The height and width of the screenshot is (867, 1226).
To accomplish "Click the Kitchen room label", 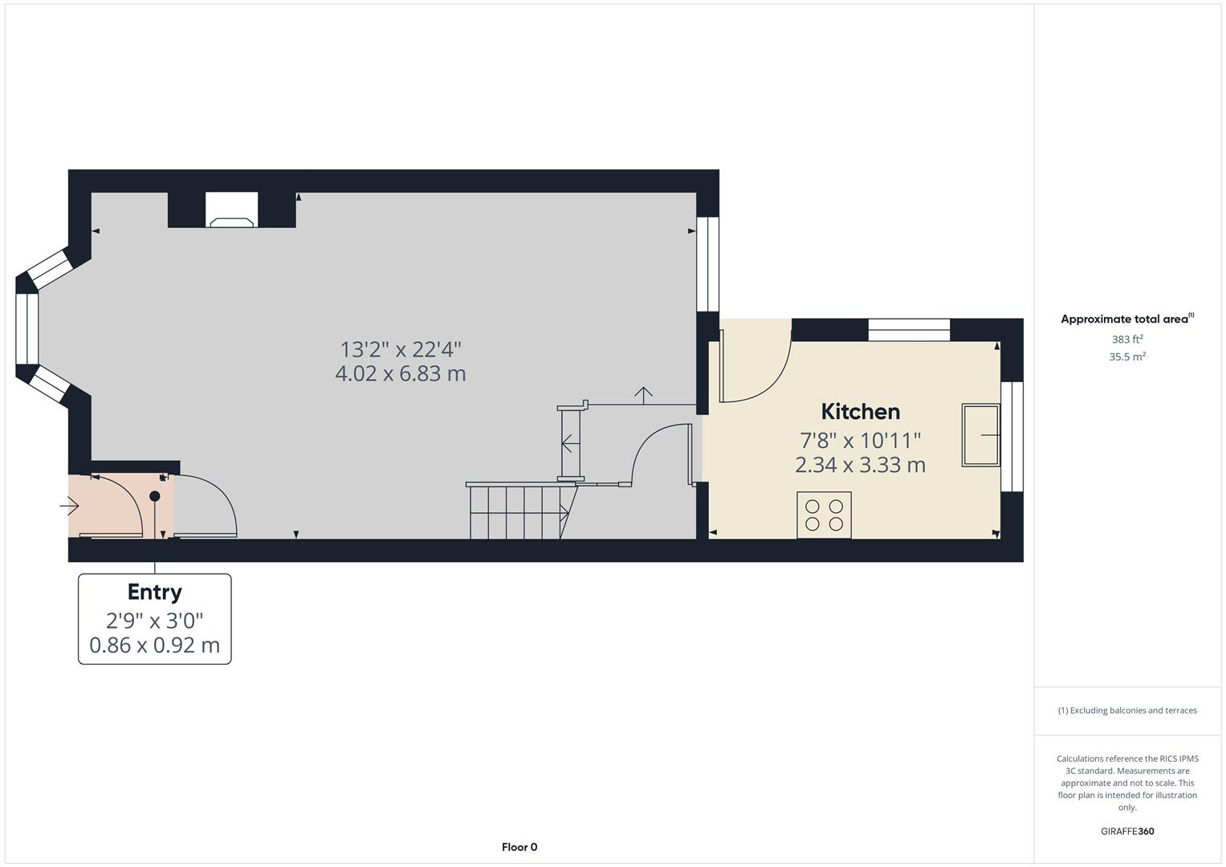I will point(860,412).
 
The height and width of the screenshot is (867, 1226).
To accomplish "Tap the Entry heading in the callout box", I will point(154,592).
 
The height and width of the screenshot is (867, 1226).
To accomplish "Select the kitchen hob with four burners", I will point(824,515).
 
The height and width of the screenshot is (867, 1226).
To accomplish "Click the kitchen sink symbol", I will point(981,435).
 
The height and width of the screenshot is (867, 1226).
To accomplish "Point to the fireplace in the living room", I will point(232,210).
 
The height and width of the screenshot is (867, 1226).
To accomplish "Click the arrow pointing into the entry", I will point(69,507).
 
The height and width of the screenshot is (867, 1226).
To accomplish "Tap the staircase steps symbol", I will point(518,511).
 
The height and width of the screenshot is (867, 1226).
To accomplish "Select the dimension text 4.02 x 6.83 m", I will point(400,374).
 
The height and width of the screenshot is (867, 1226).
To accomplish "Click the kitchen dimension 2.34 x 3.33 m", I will point(860,465).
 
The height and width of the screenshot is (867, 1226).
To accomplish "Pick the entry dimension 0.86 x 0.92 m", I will point(154,645).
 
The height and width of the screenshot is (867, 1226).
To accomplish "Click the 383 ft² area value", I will point(1126,340).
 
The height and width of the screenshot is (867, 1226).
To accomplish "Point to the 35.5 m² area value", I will point(1126,357).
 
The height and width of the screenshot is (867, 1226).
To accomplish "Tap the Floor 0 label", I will point(519,847).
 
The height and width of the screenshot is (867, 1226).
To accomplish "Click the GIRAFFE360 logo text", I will point(1126,832).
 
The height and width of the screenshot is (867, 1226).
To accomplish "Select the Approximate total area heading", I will point(1126,320).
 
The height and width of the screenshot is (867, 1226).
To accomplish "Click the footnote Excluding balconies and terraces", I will point(1126,710).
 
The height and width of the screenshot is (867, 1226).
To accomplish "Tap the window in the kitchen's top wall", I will point(909,330).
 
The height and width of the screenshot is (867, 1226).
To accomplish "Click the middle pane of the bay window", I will point(27,328).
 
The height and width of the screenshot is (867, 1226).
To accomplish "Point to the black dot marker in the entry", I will point(155,496).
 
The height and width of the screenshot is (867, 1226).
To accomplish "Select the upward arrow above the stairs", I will point(643,393).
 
